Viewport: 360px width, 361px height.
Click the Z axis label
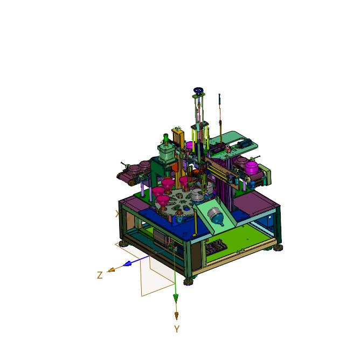[100, 275]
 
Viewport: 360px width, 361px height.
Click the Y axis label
[177, 329]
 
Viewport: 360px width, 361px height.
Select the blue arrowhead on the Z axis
[127, 263]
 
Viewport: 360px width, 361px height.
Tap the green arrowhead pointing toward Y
[176, 298]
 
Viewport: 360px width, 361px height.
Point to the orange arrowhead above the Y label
[177, 315]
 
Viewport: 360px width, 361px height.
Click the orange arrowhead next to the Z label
[111, 269]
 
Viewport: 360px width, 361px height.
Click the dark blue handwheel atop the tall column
[198, 90]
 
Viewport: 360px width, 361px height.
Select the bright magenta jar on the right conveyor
[251, 168]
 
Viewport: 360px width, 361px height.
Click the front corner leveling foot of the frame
[189, 282]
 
